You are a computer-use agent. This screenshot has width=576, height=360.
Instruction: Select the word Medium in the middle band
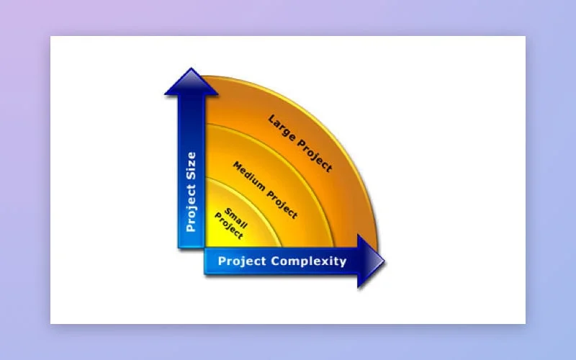point(246,174)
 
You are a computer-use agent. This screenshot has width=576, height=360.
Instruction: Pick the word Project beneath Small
point(229,227)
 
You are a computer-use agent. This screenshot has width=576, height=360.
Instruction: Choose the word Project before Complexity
point(242,261)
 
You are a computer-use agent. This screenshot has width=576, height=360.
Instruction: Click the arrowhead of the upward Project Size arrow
point(191,81)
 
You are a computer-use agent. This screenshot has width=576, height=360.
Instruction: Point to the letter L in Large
point(272,120)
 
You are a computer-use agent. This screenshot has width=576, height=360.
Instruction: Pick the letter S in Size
point(191,175)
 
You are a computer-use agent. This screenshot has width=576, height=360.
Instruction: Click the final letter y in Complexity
point(343,262)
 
